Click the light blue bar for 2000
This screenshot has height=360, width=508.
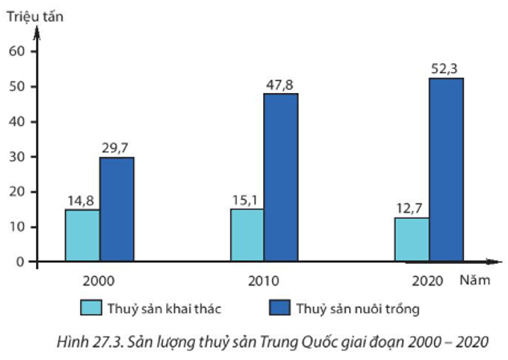83,235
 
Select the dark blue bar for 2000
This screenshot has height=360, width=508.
116,209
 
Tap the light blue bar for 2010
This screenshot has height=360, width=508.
247,235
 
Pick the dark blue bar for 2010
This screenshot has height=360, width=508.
281,177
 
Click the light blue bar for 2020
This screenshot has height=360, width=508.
412,239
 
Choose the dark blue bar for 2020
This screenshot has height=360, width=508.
446,169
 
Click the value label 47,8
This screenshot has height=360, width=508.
281,83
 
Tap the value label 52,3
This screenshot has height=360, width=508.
445,67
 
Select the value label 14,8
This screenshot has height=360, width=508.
81,199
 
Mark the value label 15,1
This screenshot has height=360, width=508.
246,198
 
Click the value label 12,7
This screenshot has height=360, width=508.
410,207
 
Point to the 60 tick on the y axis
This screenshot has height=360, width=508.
18,51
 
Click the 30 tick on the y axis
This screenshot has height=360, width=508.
18,156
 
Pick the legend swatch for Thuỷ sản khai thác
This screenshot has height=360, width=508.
91,308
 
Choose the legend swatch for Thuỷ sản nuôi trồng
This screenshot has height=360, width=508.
276,308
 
